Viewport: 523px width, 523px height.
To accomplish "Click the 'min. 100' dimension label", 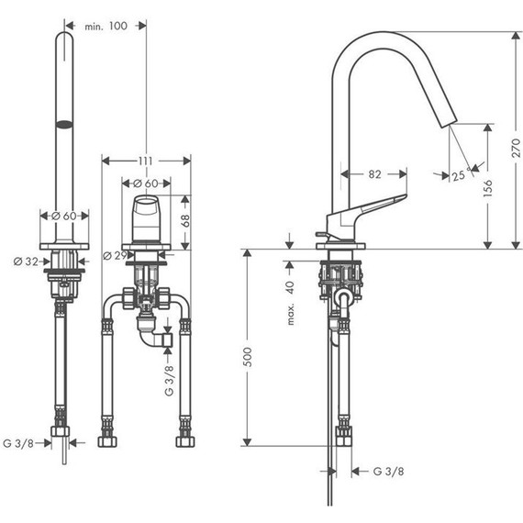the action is (106, 26).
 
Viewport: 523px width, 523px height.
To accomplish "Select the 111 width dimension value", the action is (146, 161).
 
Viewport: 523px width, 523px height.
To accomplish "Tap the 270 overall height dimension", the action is (516, 148).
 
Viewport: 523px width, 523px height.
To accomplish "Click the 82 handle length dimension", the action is (374, 174).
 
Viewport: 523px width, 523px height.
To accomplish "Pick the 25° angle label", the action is (462, 174).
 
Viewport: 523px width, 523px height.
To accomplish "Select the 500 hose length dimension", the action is (247, 357).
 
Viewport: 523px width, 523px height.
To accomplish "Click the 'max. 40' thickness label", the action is (291, 303).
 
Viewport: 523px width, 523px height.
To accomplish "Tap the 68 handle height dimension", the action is (185, 221).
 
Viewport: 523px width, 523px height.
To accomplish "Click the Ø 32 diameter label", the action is (26, 261).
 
